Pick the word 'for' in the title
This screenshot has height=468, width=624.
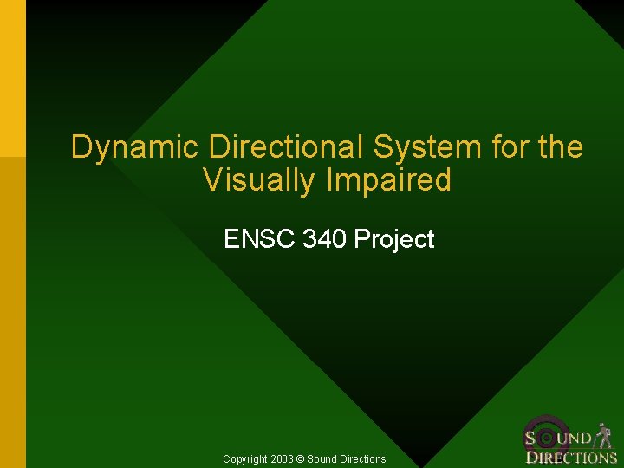pos(510,147)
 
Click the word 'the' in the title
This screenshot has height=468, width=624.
pos(561,147)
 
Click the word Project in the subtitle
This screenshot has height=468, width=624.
pos(394,238)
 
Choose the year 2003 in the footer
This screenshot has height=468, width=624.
pos(281,458)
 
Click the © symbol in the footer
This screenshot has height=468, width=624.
pos(300,458)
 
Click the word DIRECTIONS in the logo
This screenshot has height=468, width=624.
pos(571,458)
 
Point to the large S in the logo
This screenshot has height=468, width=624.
pos(530,439)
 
